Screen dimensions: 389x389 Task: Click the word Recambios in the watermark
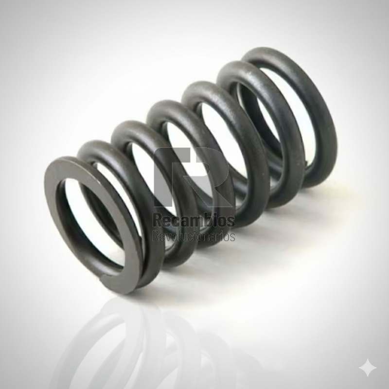(194, 221)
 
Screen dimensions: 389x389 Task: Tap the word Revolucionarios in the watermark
(194, 236)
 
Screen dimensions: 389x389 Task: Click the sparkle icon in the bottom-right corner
(368, 368)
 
